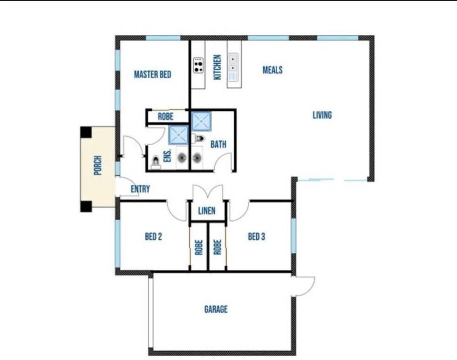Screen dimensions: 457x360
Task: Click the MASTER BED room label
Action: click(152, 75)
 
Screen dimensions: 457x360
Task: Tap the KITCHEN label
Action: click(218, 67)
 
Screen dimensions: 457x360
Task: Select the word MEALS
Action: click(273, 70)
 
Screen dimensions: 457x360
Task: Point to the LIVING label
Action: click(322, 115)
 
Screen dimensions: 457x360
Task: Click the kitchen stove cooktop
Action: click(198, 65)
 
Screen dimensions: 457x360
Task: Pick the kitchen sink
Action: click(233, 67)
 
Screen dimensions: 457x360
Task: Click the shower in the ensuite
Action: click(179, 135)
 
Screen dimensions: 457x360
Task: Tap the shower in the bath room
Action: click(201, 121)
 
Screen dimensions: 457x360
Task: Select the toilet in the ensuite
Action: click(156, 163)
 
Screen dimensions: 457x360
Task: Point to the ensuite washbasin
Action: click(182, 158)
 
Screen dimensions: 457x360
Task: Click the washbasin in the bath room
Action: click(197, 158)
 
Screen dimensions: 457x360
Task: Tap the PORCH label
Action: click(98, 165)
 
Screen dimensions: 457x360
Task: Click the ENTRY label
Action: click(140, 189)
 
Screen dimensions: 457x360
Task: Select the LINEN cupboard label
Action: click(207, 211)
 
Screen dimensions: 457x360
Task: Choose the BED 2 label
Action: click(153, 237)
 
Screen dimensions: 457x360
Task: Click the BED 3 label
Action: click(257, 237)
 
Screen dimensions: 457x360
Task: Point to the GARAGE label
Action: click(216, 309)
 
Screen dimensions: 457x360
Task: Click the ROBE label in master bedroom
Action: click(165, 117)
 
